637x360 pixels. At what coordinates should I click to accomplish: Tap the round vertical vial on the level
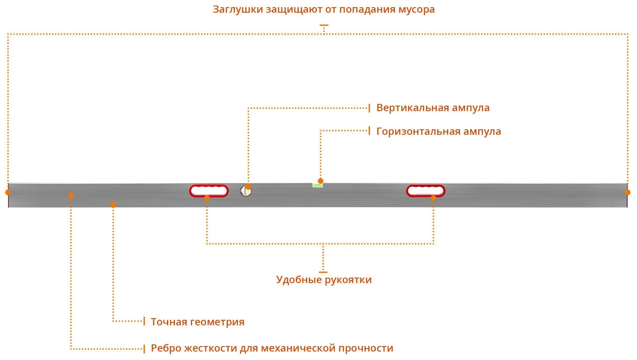(245, 191)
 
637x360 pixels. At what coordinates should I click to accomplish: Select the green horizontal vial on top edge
(317, 185)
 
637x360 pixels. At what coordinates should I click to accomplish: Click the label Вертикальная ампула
(433, 108)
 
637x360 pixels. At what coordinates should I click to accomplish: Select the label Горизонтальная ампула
(438, 131)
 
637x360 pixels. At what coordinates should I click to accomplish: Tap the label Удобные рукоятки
(324, 280)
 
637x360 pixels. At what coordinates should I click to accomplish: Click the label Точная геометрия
(198, 322)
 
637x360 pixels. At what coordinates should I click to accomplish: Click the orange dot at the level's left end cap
(8, 192)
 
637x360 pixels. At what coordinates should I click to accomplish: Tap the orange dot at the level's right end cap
(628, 192)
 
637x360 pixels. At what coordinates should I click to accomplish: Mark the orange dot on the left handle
(207, 198)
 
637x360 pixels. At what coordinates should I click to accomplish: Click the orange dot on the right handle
(433, 198)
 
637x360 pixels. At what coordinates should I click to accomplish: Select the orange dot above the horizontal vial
(321, 181)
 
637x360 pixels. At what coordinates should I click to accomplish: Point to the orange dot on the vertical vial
(248, 187)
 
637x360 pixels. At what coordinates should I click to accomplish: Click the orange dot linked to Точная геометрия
(113, 205)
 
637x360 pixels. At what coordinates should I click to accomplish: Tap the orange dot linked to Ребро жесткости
(71, 195)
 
